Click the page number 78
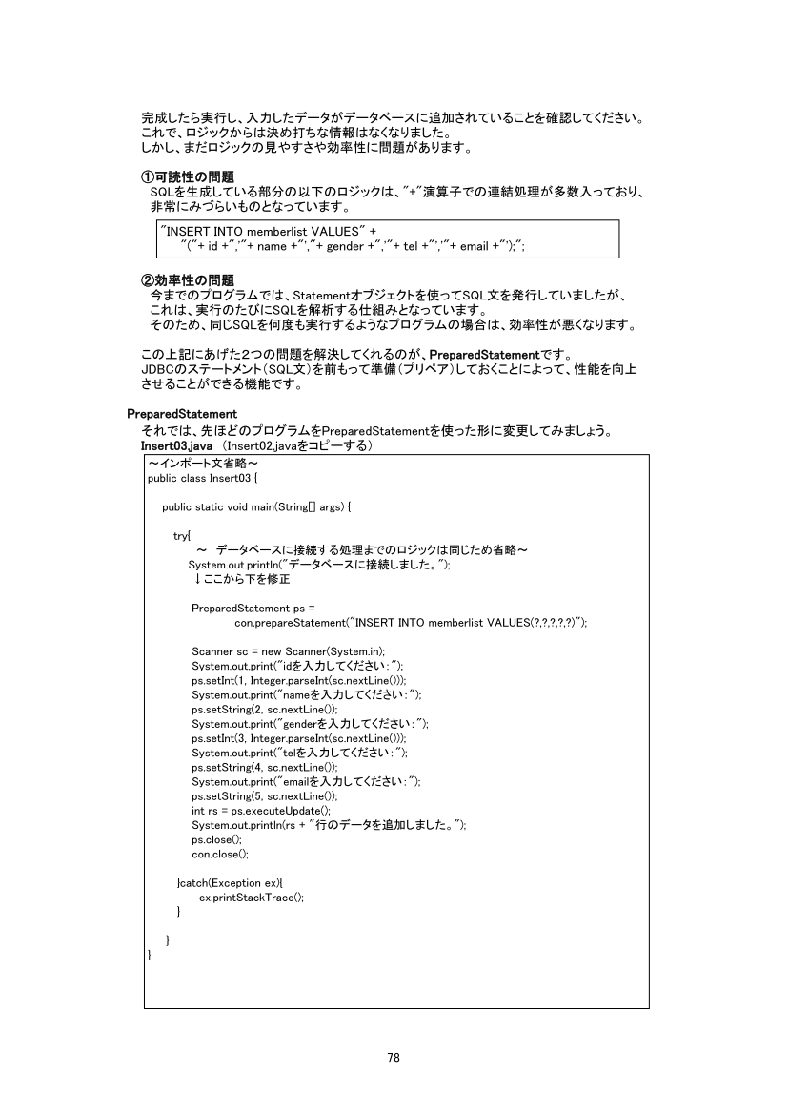click(x=394, y=1057)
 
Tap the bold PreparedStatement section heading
click(x=182, y=414)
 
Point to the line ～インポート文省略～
click(x=198, y=464)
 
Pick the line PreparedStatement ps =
click(x=253, y=608)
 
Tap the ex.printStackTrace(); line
click(x=252, y=898)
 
